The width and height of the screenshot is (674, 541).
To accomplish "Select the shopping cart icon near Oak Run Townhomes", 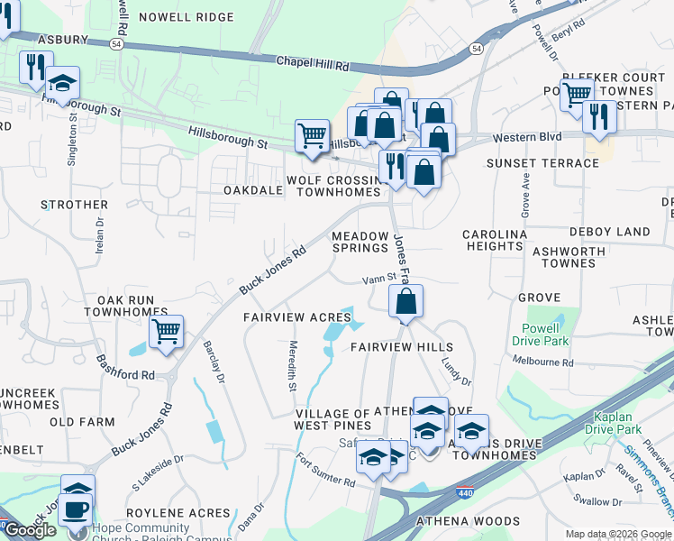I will (x=166, y=331).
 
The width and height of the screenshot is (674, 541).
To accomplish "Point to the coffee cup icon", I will (x=76, y=509).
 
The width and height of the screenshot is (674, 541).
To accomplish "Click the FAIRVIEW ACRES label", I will (x=296, y=317).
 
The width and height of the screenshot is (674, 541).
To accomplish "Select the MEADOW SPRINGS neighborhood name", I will (x=360, y=242).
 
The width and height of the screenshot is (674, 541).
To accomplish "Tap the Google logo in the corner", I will (x=30, y=530).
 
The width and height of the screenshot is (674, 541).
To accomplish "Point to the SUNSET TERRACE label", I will (x=542, y=163).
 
